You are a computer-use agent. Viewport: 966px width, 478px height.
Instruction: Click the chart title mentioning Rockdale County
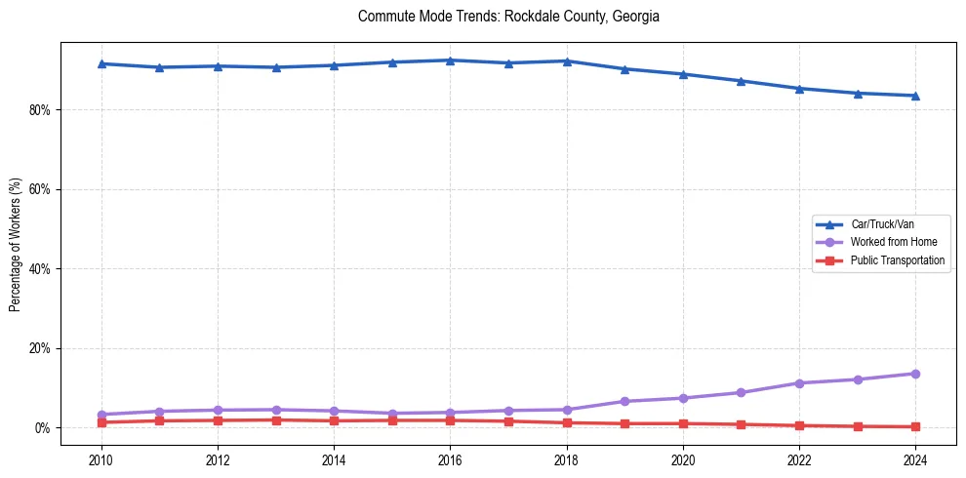[508, 17]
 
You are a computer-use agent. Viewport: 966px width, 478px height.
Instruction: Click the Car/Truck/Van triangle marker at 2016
[450, 60]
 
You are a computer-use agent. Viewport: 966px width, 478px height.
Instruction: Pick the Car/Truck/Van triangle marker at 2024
[915, 96]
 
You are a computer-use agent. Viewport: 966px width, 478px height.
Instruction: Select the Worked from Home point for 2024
[915, 374]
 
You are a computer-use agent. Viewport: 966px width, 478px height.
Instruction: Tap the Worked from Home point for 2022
[799, 383]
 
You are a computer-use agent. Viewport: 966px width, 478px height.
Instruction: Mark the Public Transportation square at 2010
[101, 422]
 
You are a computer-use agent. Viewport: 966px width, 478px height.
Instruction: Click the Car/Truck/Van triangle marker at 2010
[101, 63]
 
